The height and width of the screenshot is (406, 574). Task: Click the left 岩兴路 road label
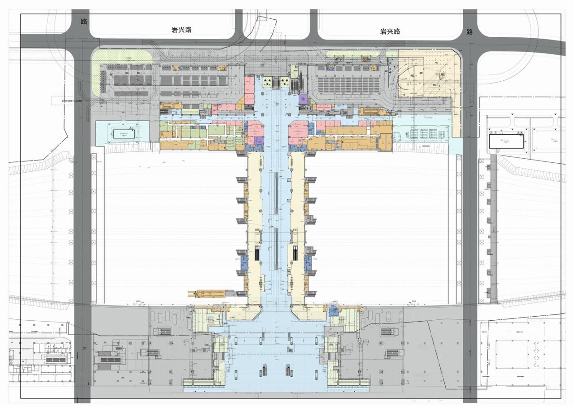pyautogui.click(x=182, y=30)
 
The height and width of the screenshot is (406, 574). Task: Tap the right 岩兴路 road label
pyautogui.click(x=390, y=31)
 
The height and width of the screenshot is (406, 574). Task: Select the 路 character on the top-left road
pyautogui.click(x=84, y=22)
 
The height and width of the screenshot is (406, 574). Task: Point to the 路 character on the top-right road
pyautogui.click(x=470, y=32)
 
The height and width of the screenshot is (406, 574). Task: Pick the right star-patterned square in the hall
pyautogui.click(x=284, y=82)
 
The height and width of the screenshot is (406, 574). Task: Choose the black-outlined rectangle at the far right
pyautogui.click(x=506, y=142)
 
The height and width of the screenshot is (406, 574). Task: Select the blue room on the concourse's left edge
pyautogui.click(x=245, y=264)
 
